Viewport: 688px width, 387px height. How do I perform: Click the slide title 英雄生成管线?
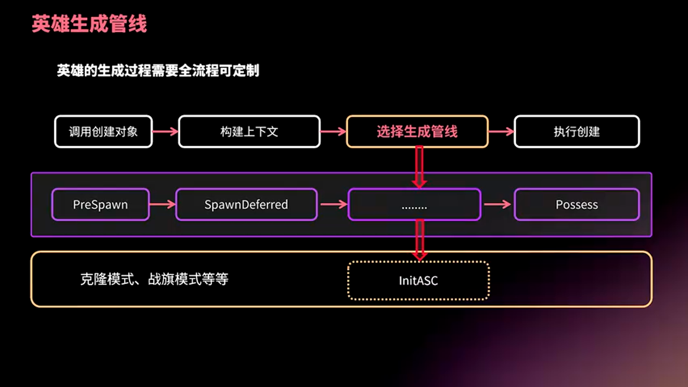[x=89, y=25]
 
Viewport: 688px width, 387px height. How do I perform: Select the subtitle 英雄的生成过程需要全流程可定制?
[x=158, y=71]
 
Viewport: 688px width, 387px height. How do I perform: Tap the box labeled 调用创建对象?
[x=103, y=132]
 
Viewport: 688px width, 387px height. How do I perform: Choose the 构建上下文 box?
[x=249, y=132]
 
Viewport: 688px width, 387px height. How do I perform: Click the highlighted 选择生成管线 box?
[x=417, y=132]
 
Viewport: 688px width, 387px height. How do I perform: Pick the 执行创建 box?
[x=577, y=132]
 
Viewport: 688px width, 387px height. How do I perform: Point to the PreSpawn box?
[x=100, y=205]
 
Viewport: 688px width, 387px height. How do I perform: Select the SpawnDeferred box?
[x=246, y=205]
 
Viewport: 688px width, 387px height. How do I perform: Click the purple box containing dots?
[x=414, y=205]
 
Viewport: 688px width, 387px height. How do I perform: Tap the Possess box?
[x=577, y=205]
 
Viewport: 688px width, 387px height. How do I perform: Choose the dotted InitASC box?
[x=418, y=280]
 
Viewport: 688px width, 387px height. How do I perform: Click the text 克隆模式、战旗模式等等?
[x=154, y=279]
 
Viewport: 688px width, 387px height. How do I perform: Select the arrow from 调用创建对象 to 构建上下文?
[x=165, y=132]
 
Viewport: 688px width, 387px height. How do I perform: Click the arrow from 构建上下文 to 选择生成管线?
[x=333, y=132]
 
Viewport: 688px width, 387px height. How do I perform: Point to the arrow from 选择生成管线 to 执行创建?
[x=501, y=132]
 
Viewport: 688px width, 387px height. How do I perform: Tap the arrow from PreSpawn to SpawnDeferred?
[x=162, y=204]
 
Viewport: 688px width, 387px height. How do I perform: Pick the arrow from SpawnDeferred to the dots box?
[x=333, y=204]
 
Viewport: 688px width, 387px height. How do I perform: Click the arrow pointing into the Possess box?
[x=497, y=204]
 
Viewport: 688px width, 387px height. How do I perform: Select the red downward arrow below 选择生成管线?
[x=420, y=167]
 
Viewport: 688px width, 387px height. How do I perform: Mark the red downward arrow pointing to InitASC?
[x=420, y=240]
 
